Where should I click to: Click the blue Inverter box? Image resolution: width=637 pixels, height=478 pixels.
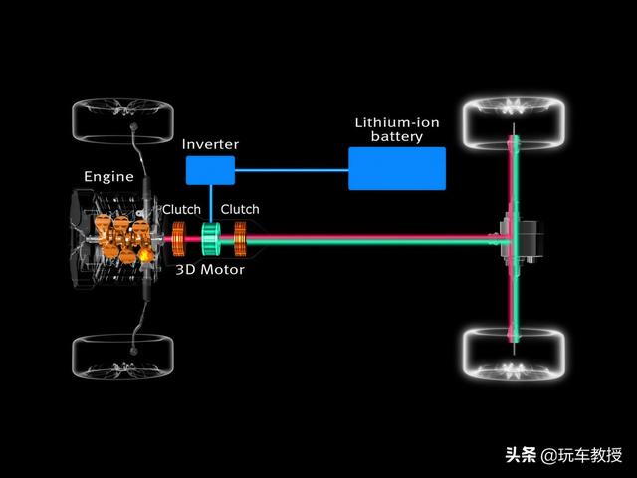tap(210, 170)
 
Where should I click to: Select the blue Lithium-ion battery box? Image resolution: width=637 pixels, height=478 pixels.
tap(397, 168)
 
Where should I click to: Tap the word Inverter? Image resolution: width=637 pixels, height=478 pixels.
tap(210, 144)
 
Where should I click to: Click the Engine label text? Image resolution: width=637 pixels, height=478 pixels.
tap(108, 177)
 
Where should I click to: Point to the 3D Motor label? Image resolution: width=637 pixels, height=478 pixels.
tap(210, 270)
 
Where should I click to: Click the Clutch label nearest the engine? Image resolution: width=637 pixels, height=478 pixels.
tap(181, 209)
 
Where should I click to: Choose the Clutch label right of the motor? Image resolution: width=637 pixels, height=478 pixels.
tap(240, 209)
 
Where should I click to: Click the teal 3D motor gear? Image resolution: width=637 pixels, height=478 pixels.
tap(211, 239)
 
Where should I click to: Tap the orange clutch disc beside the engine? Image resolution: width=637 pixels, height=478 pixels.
tap(179, 239)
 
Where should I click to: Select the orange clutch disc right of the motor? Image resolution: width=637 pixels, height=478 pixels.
tap(240, 239)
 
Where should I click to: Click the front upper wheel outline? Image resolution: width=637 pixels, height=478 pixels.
tap(123, 120)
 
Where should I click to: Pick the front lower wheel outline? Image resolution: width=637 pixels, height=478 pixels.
tap(123, 357)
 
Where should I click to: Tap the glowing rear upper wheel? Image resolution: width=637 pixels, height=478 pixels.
tap(515, 121)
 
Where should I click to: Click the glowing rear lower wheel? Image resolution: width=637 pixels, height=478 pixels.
tap(515, 355)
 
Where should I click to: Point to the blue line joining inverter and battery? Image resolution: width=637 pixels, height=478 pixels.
tap(292, 170)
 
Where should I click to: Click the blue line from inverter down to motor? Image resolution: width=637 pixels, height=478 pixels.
tap(211, 204)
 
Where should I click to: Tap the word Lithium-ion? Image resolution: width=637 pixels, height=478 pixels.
tap(397, 122)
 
